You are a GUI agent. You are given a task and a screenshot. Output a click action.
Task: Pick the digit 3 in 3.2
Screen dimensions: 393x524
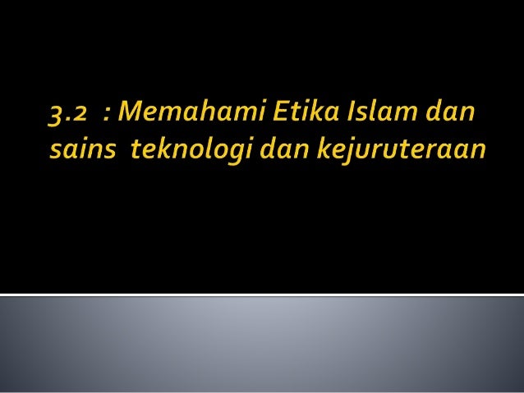click(x=57, y=117)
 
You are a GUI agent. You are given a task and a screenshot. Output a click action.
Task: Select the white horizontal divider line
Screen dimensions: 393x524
click(x=262, y=295)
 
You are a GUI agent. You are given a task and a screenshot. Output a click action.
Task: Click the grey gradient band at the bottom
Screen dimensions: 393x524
click(x=262, y=345)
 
